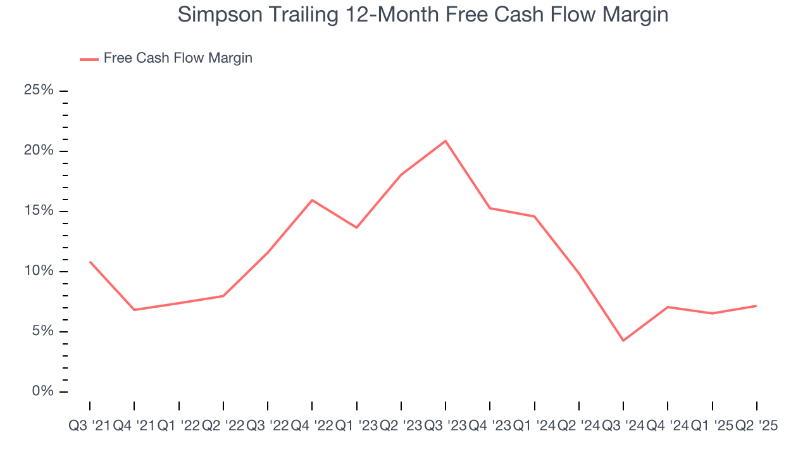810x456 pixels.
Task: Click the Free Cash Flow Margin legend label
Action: click(178, 58)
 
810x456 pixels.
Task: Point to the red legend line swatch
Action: click(89, 59)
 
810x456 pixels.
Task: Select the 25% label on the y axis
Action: click(39, 91)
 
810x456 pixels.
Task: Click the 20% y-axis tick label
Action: click(39, 151)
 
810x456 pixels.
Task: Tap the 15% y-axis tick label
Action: click(39, 211)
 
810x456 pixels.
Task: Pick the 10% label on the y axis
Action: click(39, 271)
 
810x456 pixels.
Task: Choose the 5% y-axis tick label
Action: click(42, 331)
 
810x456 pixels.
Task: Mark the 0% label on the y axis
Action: click(42, 391)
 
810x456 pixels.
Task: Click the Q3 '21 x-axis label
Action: click(89, 426)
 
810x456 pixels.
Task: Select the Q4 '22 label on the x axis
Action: click(312, 426)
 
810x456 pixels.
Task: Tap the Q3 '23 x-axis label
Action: click(445, 426)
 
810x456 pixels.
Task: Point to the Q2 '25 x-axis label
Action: click(756, 426)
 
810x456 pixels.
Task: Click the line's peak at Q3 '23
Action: click(445, 141)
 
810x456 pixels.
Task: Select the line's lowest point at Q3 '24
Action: click(623, 341)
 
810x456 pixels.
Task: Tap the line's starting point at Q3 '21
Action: click(90, 262)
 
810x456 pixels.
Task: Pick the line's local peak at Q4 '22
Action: click(312, 200)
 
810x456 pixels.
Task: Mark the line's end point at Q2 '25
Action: click(756, 306)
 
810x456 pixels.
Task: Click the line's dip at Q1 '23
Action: click(356, 227)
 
